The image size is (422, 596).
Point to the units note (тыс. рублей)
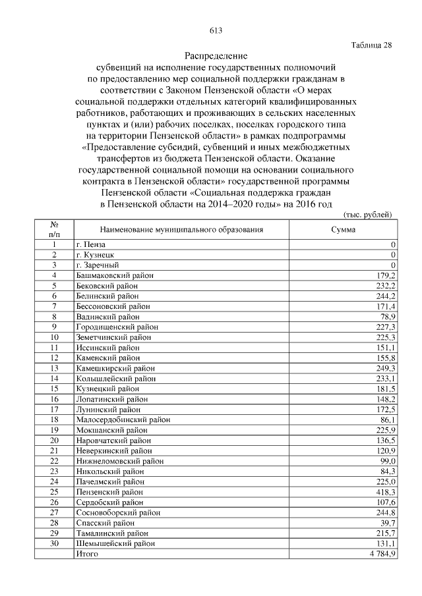[369, 215]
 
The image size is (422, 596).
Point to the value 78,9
[387, 316]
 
